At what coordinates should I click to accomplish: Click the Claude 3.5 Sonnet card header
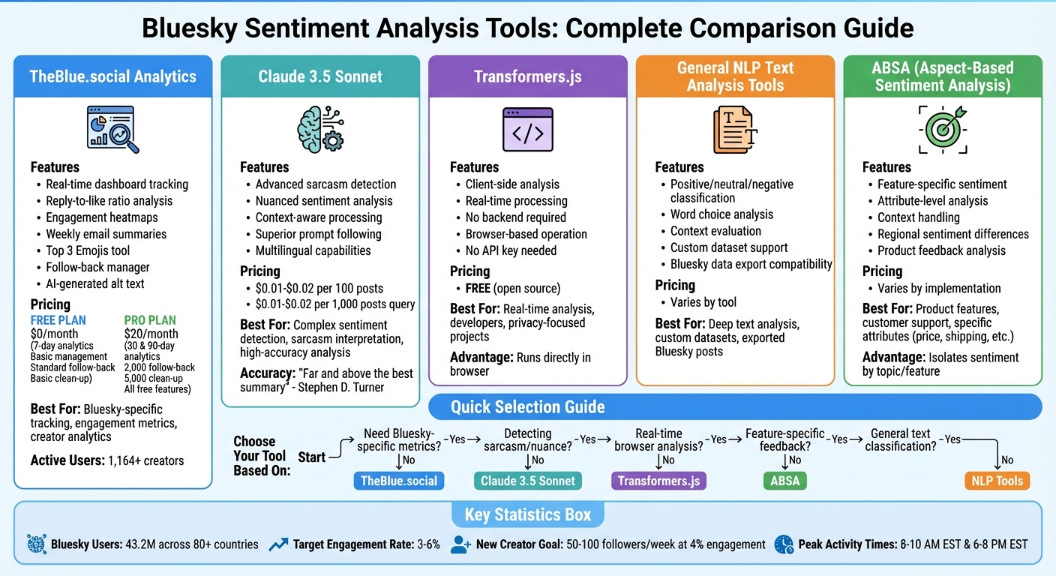tap(320, 76)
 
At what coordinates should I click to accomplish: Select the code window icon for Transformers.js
tap(527, 130)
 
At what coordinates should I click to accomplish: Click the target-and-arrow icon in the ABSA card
tap(943, 129)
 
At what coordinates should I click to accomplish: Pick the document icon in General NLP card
tap(735, 130)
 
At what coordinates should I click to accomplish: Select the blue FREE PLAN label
tap(58, 320)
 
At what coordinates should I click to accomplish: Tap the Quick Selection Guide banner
tap(527, 407)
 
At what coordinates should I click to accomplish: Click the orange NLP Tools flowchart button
tap(997, 481)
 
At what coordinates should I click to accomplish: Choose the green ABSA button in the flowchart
tap(785, 481)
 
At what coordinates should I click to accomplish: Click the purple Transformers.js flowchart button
tap(659, 481)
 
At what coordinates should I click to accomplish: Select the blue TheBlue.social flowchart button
tap(398, 481)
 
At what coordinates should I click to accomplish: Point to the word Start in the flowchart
tap(312, 457)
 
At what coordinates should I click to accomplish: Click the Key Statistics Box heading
tap(527, 514)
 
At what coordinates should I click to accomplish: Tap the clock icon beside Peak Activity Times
tap(783, 544)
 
